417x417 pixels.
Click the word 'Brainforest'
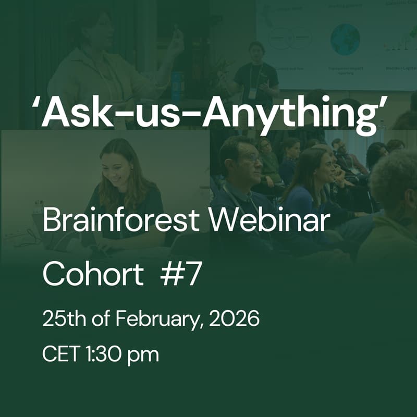tap(120, 220)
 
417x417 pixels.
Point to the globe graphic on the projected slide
tap(345, 40)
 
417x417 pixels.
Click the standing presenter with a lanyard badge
tap(255, 73)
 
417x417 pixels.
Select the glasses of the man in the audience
tap(252, 156)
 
